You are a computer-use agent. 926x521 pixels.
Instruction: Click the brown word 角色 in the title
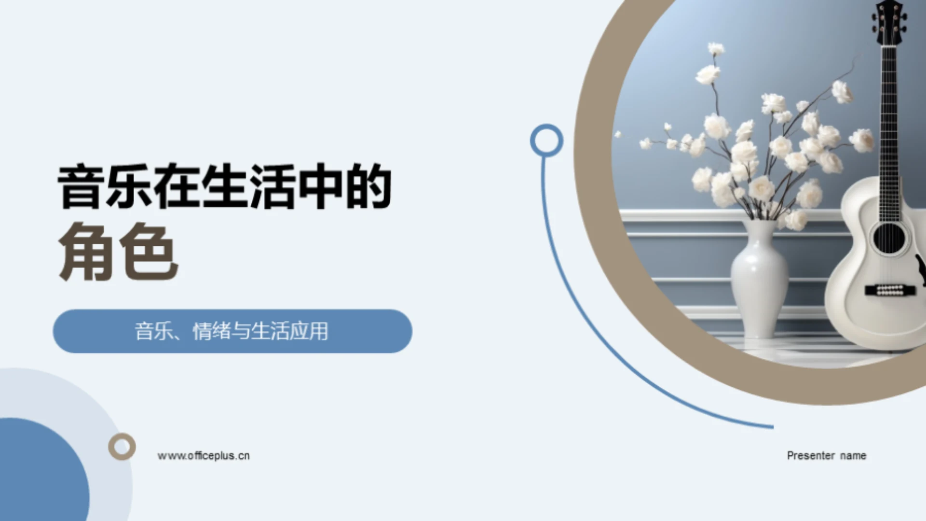[x=118, y=252]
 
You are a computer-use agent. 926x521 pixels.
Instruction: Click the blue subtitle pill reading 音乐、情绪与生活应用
[x=232, y=331]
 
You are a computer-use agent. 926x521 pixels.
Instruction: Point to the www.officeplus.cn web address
[x=204, y=456]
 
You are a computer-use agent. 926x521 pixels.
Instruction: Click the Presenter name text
[x=826, y=456]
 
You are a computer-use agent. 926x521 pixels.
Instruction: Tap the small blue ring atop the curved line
[x=546, y=141]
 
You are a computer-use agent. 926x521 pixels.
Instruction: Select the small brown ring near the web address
[x=122, y=446]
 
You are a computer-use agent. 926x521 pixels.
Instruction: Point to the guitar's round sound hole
[x=889, y=238]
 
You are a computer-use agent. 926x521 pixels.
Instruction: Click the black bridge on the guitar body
[x=889, y=290]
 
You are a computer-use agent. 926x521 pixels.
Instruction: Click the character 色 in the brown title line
[x=149, y=252]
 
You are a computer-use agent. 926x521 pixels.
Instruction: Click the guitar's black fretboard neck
[x=888, y=130]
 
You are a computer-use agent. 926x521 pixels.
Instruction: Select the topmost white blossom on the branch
[x=716, y=49]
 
